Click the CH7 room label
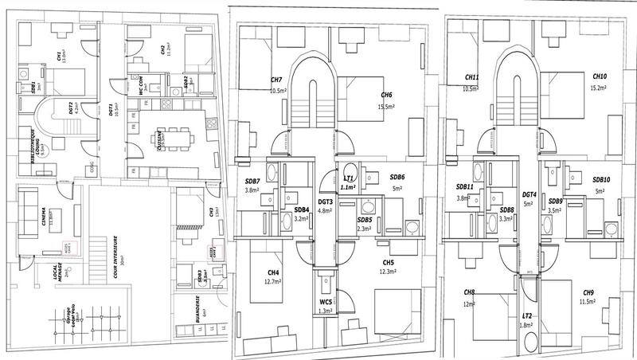pos(277,80)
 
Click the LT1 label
pos(348,178)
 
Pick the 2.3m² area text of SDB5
pos(365,229)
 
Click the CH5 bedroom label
pos(389,262)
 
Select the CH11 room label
pos(471,77)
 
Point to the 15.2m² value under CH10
pos(600,88)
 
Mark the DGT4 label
pos(530,194)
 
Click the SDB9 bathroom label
pos(555,202)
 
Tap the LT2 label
pos(526,315)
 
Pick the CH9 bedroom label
pos(588,292)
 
